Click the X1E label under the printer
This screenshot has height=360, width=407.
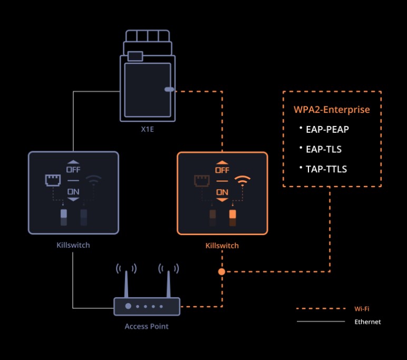[x=147, y=129]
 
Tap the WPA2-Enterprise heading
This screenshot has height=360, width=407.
[x=332, y=110]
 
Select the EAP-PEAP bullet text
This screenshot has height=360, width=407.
[x=327, y=129]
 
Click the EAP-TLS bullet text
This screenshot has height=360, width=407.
[x=324, y=149]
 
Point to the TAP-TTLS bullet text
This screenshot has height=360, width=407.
[x=326, y=169]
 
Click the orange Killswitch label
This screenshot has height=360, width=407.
[x=222, y=246]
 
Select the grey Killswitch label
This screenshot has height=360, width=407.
[x=73, y=246]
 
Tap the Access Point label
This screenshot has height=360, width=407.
[x=147, y=326]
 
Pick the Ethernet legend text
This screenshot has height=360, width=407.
[x=367, y=322]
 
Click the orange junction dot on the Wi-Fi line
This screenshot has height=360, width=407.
[x=222, y=271]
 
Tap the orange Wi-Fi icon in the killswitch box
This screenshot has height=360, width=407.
[x=242, y=181]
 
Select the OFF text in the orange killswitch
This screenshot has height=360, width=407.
[x=222, y=170]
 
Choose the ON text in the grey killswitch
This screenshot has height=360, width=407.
[x=73, y=192]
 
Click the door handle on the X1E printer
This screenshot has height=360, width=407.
[x=169, y=90]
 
